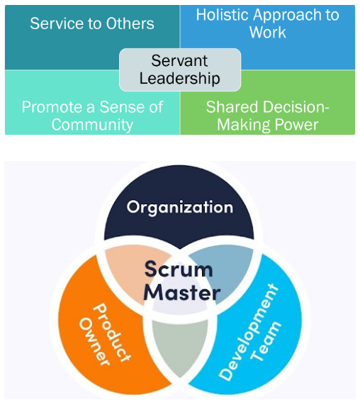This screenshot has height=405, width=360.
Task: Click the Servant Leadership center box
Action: pyautogui.click(x=180, y=70)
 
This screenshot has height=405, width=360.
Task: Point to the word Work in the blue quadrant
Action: pyautogui.click(x=268, y=33)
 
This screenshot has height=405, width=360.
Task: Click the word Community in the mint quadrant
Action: pyautogui.click(x=92, y=125)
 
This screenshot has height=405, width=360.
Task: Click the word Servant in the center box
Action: pyautogui.click(x=179, y=61)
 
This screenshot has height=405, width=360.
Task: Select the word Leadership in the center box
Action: pyautogui.click(x=179, y=79)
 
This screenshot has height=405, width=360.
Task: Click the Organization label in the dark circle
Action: pyautogui.click(x=179, y=208)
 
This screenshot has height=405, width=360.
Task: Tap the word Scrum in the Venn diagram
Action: pyautogui.click(x=179, y=269)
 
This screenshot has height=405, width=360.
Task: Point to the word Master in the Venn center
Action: pyautogui.click(x=181, y=293)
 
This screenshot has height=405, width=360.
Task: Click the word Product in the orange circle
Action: pyautogui.click(x=112, y=333)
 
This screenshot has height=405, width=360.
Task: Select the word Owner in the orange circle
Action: pyautogui.click(x=94, y=341)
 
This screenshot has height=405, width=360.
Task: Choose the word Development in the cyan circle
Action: pyautogui.click(x=249, y=332)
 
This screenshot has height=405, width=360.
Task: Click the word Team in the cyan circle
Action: pyautogui.click(x=266, y=341)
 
